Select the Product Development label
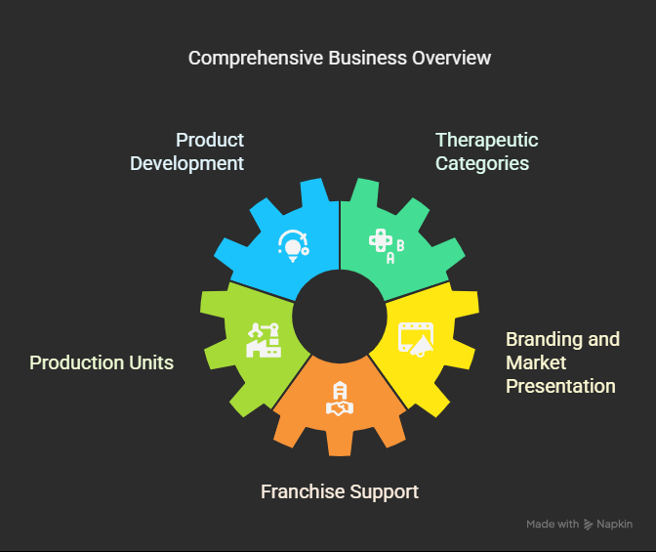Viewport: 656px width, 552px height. [187, 151]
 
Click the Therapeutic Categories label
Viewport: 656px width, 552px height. [485, 151]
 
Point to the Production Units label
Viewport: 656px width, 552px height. [102, 362]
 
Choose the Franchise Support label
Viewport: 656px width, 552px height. [339, 490]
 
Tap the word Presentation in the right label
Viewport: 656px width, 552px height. [560, 386]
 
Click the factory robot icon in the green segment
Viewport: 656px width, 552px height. [264, 339]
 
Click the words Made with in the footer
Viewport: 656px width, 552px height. [552, 525]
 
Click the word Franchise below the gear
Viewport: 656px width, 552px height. [303, 490]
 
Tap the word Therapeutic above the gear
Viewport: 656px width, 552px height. [486, 140]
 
